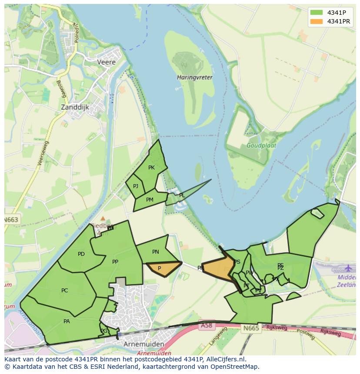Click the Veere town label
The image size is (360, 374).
[107, 62]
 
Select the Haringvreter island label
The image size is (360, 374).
[194, 77]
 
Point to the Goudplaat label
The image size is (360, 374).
[261, 146]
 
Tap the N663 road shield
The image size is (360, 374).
[11, 220]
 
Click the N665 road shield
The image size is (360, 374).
[251, 328]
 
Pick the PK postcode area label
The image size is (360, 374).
[151, 168]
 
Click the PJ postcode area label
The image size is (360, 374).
[136, 186]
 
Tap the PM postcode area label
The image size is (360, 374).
[150, 200]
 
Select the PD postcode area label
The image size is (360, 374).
[81, 254]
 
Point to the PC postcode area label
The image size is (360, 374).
[65, 291]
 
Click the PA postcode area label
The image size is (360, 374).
[67, 321]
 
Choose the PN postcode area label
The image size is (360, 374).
[156, 252]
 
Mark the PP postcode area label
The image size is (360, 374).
[115, 261]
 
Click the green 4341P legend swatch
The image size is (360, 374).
[317, 12]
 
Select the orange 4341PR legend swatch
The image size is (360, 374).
[317, 21]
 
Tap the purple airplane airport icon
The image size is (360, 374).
[348, 268]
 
